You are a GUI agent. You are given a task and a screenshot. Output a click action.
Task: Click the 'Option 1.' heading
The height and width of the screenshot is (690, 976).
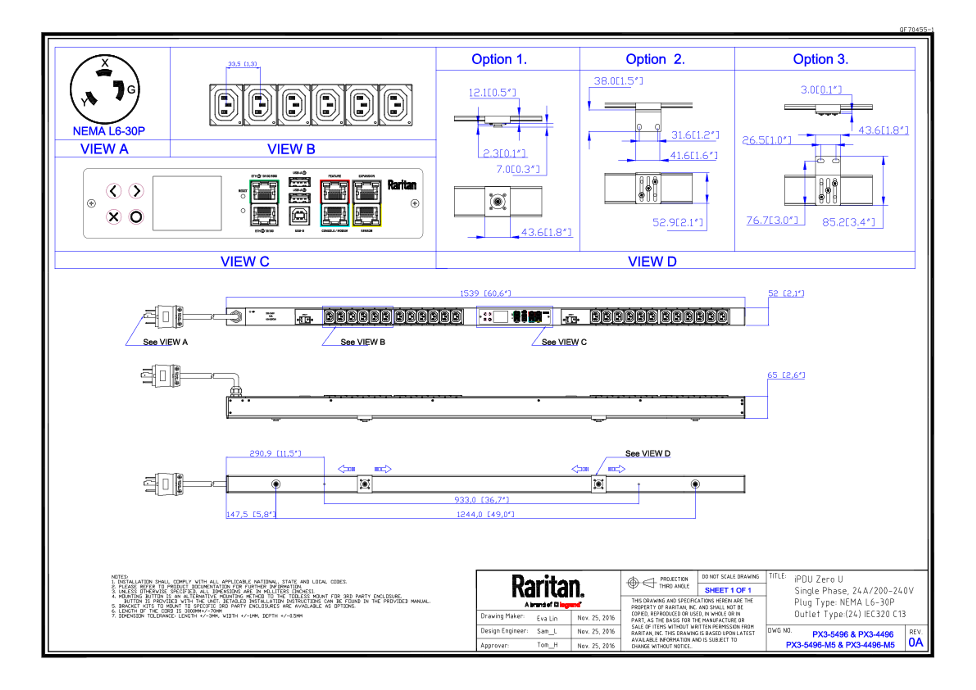(x=499, y=59)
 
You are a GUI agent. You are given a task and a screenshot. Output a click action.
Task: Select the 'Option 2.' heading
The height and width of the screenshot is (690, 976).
(x=655, y=59)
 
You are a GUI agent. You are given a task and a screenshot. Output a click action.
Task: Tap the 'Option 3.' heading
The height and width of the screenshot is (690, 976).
(x=820, y=59)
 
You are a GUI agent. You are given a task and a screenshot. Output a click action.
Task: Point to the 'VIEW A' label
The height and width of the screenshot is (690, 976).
(x=104, y=149)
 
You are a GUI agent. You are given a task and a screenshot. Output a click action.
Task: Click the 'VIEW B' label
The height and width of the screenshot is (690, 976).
(x=291, y=149)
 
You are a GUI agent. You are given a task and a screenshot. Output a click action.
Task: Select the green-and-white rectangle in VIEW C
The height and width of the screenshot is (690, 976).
(x=264, y=203)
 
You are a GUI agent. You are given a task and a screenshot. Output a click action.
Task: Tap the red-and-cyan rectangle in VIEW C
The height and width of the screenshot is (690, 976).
(x=334, y=203)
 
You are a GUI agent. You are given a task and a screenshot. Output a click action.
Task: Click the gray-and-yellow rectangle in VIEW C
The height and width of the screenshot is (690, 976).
(x=367, y=203)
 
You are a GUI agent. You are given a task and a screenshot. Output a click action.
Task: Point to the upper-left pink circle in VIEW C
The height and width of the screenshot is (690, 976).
(x=114, y=191)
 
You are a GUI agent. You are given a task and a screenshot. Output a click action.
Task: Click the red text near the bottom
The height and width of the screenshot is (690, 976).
(x=570, y=605)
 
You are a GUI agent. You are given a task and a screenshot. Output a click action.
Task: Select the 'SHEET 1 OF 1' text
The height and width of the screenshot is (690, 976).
(x=728, y=590)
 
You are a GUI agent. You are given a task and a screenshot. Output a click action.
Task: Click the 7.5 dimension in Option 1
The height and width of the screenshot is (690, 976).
(x=517, y=169)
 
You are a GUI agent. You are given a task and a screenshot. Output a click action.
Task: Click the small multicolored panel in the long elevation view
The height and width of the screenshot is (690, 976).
(x=514, y=317)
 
